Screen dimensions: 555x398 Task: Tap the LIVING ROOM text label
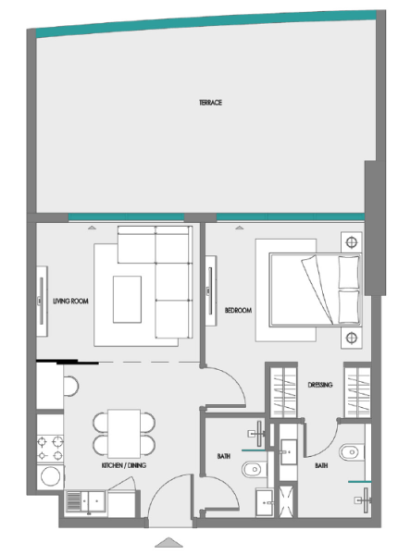pyautogui.click(x=70, y=302)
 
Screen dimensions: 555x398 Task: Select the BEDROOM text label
pyautogui.click(x=238, y=311)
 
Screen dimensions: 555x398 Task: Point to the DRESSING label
pyautogui.click(x=319, y=384)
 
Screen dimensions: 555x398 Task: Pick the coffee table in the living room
pyautogui.click(x=128, y=299)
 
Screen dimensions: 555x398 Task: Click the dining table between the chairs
pyautogui.click(x=122, y=432)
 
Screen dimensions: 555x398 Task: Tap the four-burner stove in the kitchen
pyautogui.click(x=48, y=445)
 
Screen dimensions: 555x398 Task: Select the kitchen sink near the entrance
pyautogui.click(x=85, y=503)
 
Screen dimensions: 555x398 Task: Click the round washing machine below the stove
pyautogui.click(x=48, y=476)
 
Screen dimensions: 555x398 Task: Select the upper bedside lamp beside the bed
pyautogui.click(x=351, y=242)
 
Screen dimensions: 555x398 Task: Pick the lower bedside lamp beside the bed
pyautogui.click(x=351, y=337)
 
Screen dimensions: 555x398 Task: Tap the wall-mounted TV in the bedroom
pyautogui.click(x=212, y=290)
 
